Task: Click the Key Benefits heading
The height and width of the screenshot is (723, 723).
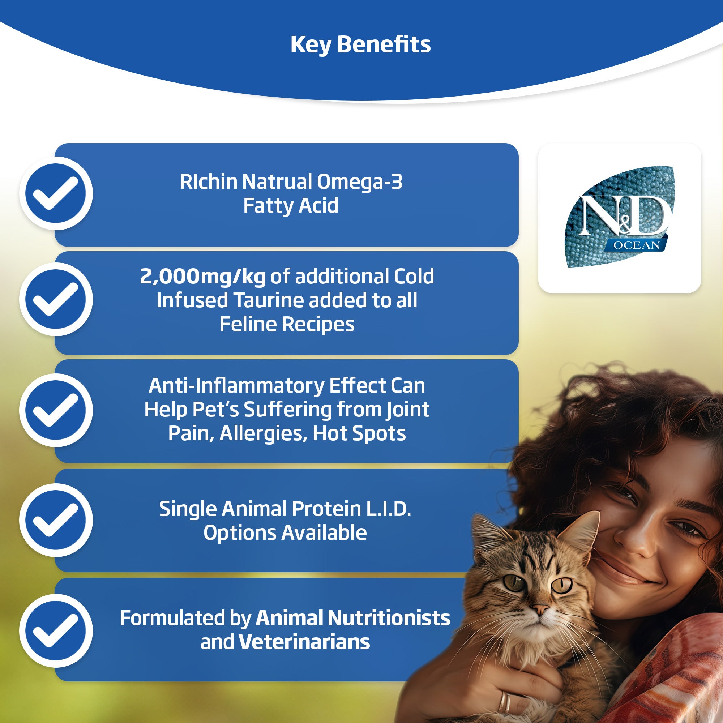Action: [360, 45]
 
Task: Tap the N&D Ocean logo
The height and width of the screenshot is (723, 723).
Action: [619, 217]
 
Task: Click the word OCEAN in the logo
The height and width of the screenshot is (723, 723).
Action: [637, 245]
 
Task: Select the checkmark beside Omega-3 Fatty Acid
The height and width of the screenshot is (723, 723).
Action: [56, 193]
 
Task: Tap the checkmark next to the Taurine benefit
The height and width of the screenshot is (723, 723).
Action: [56, 299]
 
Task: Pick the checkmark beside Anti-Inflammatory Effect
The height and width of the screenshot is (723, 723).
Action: [56, 410]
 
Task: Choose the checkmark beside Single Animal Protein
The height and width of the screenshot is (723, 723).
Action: [56, 520]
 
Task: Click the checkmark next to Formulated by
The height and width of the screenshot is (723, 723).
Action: [56, 630]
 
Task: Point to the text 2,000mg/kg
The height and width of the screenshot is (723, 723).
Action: [202, 277]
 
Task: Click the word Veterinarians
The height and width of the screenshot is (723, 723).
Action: [304, 642]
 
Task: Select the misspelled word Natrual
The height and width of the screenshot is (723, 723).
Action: [277, 182]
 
